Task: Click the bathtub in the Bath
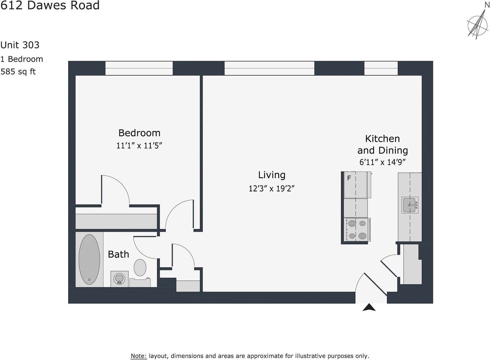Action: tap(89, 259)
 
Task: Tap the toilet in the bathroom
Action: tap(140, 267)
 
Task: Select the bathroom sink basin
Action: tap(119, 278)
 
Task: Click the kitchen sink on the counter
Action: tap(410, 205)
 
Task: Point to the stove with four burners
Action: tap(356, 229)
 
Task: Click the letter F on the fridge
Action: tap(349, 178)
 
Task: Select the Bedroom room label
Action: tap(139, 133)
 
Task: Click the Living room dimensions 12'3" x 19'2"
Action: tap(271, 188)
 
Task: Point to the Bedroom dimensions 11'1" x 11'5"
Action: tap(142, 146)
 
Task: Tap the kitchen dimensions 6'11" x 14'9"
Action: tap(382, 162)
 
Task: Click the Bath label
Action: tap(118, 254)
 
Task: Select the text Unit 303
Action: tap(20, 45)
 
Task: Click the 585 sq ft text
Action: tap(18, 71)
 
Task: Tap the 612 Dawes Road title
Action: tap(50, 5)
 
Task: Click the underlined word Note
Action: tap(139, 356)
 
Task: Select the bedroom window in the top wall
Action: tap(139, 68)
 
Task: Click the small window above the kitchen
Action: tap(381, 68)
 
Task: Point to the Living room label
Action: tap(271, 175)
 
